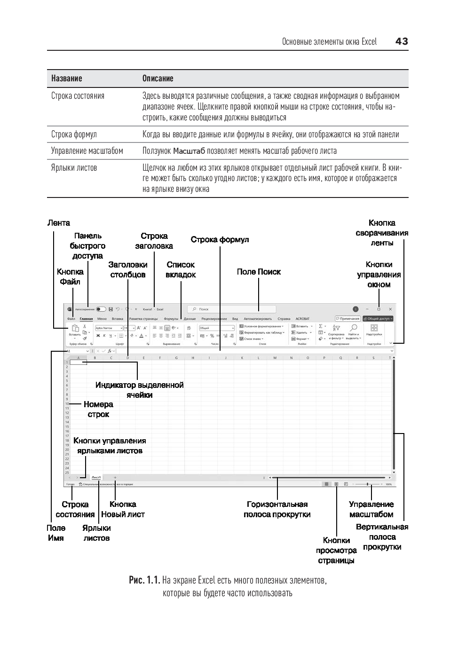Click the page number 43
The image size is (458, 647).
(x=402, y=41)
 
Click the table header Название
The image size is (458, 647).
(x=66, y=79)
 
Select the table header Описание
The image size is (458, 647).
(x=158, y=79)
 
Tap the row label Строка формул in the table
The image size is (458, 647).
(x=74, y=134)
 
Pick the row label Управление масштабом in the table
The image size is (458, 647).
(x=87, y=151)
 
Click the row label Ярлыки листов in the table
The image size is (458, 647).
(x=74, y=168)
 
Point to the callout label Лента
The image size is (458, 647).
(x=58, y=223)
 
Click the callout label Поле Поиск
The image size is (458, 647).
(x=259, y=272)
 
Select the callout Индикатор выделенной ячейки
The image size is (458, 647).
(x=139, y=390)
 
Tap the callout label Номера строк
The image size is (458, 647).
(x=98, y=409)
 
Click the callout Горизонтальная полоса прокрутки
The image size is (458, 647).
(x=277, y=509)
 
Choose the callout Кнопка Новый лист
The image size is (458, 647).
(x=123, y=509)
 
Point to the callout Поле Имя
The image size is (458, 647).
(x=55, y=533)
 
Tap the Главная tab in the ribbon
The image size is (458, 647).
(x=86, y=319)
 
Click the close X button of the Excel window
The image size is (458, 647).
(x=390, y=309)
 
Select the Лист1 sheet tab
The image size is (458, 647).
(x=96, y=477)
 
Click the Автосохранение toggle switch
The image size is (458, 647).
(x=101, y=309)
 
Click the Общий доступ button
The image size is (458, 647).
(x=378, y=319)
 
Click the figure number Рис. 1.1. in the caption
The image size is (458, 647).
(x=144, y=580)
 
